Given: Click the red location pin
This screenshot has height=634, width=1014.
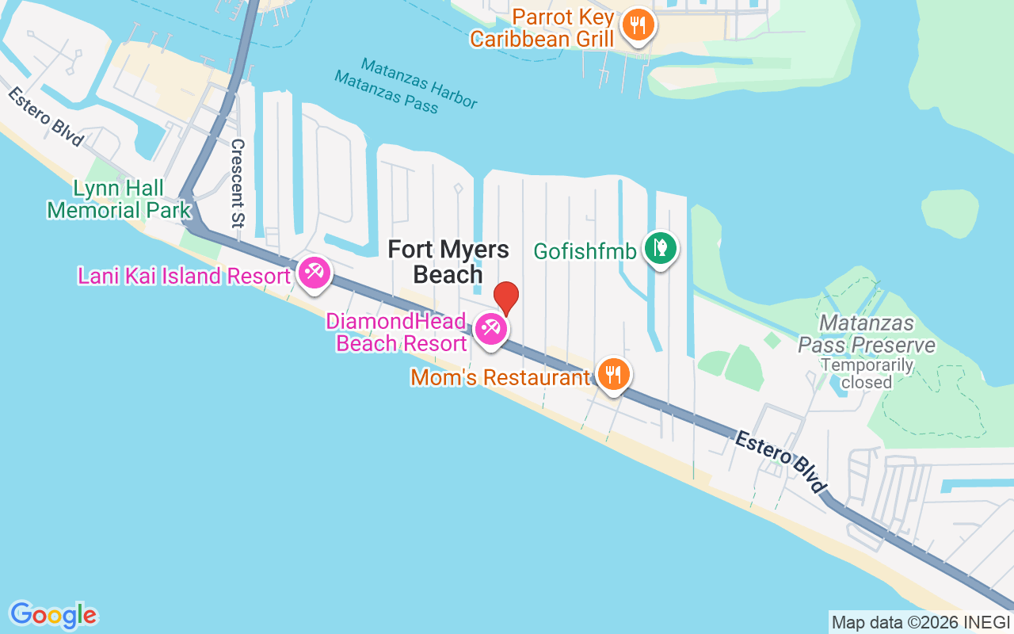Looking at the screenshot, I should click(x=505, y=297).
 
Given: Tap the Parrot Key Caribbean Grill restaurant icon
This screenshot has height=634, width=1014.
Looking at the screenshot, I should click(x=637, y=26).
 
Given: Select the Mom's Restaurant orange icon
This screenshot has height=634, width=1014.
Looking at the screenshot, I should click(x=612, y=373).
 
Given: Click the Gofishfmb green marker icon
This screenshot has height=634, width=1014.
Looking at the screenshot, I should click(x=659, y=248).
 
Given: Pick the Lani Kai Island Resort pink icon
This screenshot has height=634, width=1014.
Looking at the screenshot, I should click(x=314, y=273).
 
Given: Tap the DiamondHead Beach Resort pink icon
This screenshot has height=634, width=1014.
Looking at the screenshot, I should click(x=490, y=328).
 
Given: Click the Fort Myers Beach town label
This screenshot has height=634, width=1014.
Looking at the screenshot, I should click(x=448, y=262).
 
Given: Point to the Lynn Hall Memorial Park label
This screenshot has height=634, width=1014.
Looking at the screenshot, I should click(x=119, y=199).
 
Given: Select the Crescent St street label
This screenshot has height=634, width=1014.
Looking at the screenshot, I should click(x=237, y=184).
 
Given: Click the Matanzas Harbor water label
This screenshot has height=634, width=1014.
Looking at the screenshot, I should click(x=419, y=83).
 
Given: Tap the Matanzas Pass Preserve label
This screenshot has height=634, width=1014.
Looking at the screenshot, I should click(x=867, y=334).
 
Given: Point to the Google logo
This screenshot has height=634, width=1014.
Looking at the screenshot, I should click(x=54, y=614).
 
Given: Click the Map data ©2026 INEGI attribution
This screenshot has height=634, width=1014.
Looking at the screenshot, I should click(x=921, y=622).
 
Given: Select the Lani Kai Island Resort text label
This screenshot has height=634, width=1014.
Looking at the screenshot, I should click(x=184, y=277).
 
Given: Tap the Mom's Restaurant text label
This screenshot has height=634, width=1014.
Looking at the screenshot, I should click(x=500, y=377).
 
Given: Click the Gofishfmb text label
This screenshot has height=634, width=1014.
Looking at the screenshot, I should click(x=585, y=251).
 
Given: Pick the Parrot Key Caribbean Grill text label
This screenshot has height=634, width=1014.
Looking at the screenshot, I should click(x=542, y=28).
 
